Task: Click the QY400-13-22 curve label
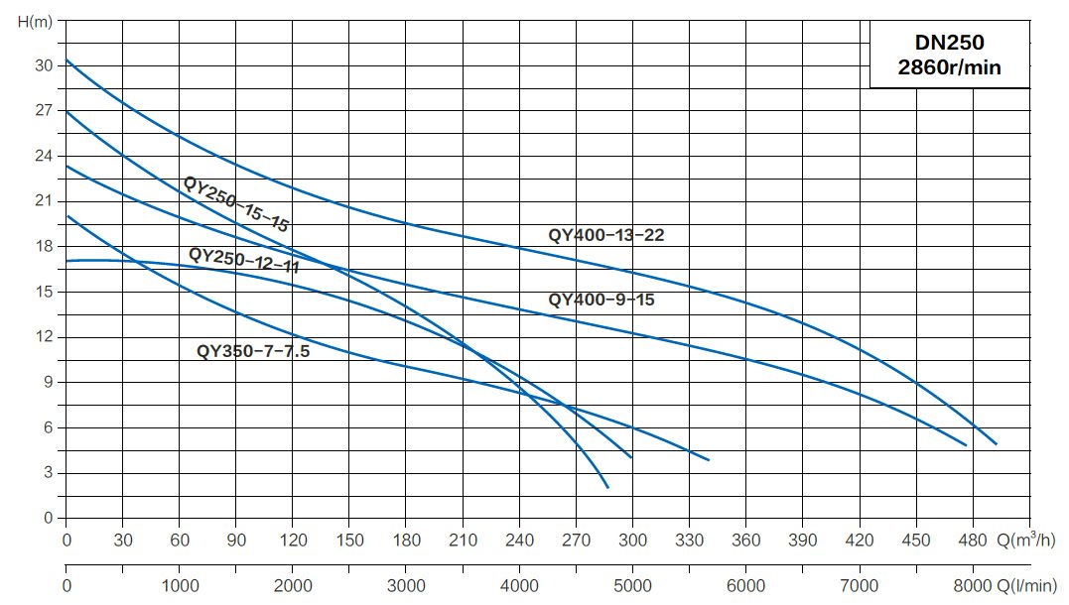pos(605,235)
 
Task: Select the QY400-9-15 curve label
pos(601,300)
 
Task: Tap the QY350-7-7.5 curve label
pos(253,350)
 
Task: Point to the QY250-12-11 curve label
pos(243,260)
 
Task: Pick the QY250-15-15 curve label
pos(235,204)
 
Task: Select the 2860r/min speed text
pos(950,68)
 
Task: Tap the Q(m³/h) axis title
pos(1029,540)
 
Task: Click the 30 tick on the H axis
pos(43,65)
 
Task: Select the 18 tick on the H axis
pos(43,246)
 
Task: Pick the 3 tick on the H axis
pos(47,473)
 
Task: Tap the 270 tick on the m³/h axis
pos(576,541)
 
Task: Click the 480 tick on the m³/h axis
pos(973,541)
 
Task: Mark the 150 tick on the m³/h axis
pos(349,541)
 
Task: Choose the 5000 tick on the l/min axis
pos(632,585)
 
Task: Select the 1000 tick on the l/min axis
pos(180,585)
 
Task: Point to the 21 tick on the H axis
pos(43,201)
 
